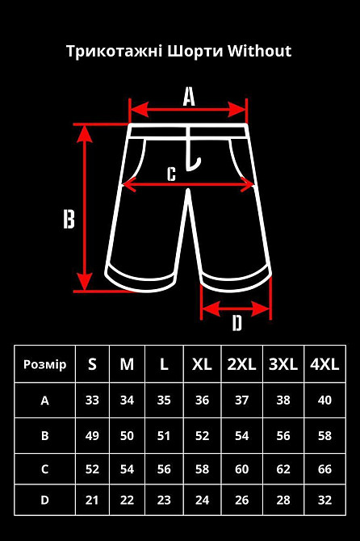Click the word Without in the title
(x=259, y=51)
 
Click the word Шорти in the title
(x=195, y=52)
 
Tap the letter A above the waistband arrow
(x=189, y=96)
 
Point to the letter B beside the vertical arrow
(x=69, y=219)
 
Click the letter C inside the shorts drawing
(x=171, y=174)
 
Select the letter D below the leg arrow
(x=237, y=323)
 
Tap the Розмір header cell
(x=45, y=364)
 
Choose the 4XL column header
(x=324, y=364)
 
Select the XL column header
(x=202, y=364)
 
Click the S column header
(x=92, y=364)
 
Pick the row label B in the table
(x=45, y=435)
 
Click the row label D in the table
(x=45, y=500)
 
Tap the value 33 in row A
(x=92, y=401)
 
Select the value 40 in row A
(x=324, y=401)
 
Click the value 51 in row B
(x=164, y=436)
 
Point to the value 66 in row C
(x=324, y=469)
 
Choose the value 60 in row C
(x=241, y=469)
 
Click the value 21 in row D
(x=92, y=500)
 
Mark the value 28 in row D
(x=283, y=500)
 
